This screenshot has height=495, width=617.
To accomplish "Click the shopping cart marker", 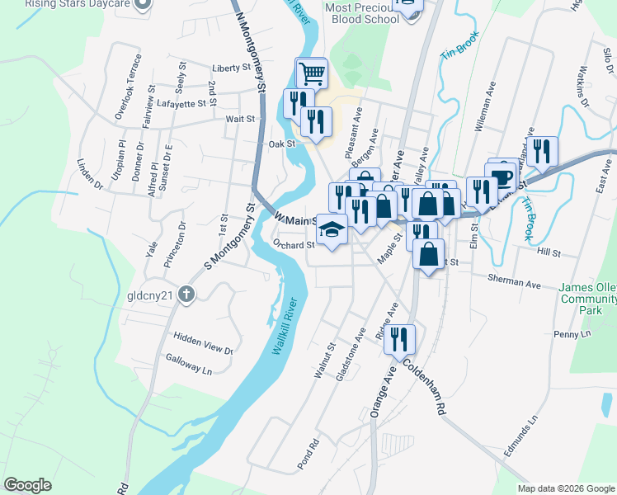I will [312, 74].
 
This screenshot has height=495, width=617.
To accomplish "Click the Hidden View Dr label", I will [203, 343].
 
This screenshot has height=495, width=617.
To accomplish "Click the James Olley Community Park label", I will [587, 299].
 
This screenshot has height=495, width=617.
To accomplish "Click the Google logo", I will [28, 485].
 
